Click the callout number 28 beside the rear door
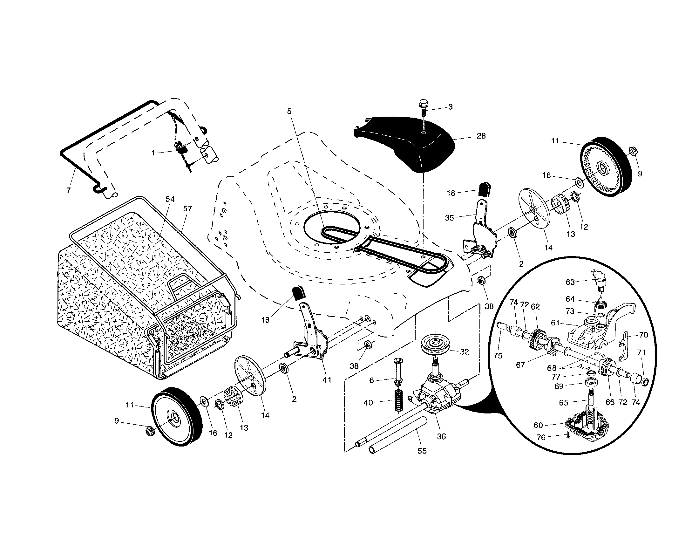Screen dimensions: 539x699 click(481, 136)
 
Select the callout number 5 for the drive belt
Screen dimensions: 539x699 click(289, 111)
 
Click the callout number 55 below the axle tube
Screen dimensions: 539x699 click(422, 451)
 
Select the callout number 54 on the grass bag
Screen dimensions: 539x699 click(170, 199)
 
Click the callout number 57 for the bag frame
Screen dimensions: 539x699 click(187, 209)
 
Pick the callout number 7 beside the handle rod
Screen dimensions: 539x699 click(68, 190)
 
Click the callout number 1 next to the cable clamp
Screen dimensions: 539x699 click(153, 153)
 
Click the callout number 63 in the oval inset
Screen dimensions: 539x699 click(570, 282)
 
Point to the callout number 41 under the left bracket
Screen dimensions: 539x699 click(326, 379)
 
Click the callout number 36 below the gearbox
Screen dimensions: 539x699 click(441, 437)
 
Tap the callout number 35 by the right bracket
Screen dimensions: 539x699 click(449, 218)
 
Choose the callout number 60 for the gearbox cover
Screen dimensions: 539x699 click(538, 425)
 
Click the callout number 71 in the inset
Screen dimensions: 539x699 click(641, 352)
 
